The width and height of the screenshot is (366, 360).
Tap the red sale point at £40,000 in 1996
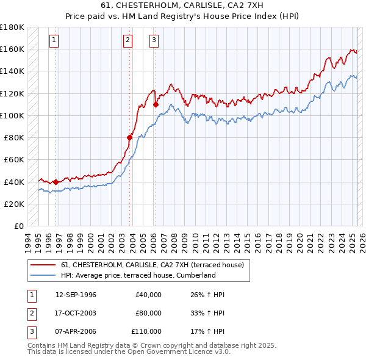[56, 182]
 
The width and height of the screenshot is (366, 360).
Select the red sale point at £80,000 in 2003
[130, 137]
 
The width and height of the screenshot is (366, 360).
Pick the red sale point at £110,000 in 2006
[156, 104]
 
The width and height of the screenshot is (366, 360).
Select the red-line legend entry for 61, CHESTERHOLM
[152, 265]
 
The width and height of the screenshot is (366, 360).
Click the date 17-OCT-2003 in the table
[76, 313]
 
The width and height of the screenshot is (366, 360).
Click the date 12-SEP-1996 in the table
[76, 295]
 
